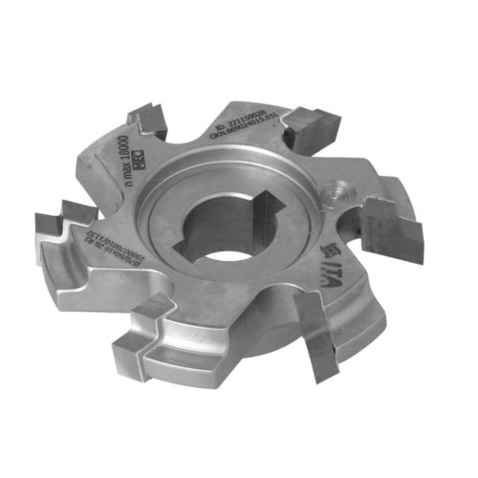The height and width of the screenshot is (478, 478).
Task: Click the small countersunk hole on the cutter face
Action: (340, 190)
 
